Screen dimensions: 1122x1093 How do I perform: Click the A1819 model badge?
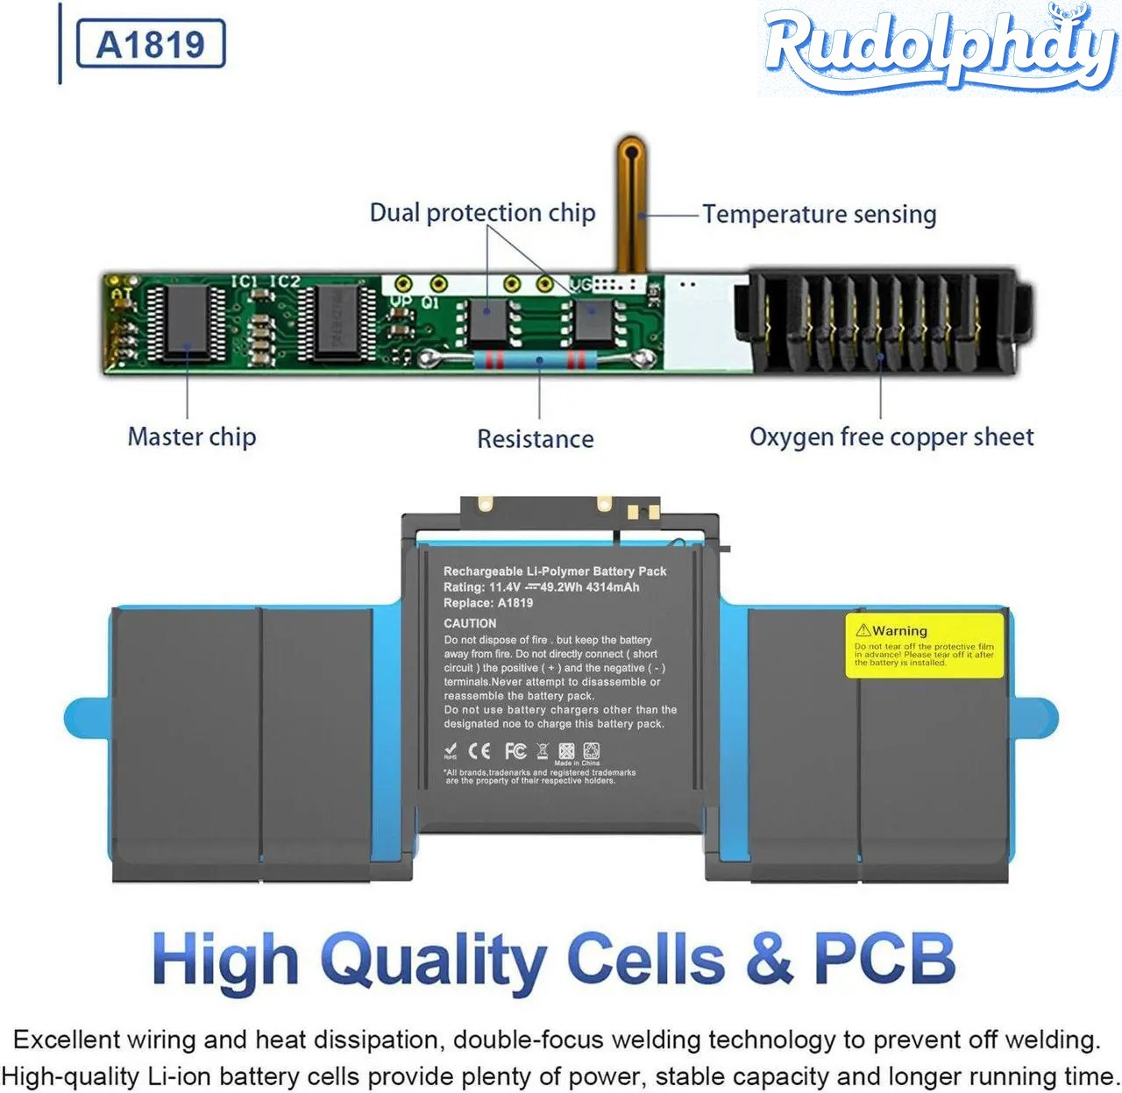151,44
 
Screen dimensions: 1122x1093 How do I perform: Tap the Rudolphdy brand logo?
939,48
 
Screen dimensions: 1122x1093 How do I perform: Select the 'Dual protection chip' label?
482,213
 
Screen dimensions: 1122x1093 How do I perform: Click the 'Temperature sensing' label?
819,215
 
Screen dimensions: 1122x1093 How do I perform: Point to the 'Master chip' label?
192,436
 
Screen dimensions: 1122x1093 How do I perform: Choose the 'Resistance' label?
535,438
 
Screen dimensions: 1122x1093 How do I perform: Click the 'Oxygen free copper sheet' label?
891,436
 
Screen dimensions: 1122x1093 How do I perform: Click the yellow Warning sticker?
924,645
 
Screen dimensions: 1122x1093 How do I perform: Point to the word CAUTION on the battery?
470,623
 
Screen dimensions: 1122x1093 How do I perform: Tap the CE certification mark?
479,751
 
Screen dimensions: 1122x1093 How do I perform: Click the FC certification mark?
515,751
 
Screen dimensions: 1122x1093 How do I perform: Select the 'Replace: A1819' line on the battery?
488,603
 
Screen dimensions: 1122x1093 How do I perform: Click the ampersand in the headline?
769,958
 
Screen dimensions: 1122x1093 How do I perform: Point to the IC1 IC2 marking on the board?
265,281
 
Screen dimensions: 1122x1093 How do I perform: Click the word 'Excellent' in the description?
67,1040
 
